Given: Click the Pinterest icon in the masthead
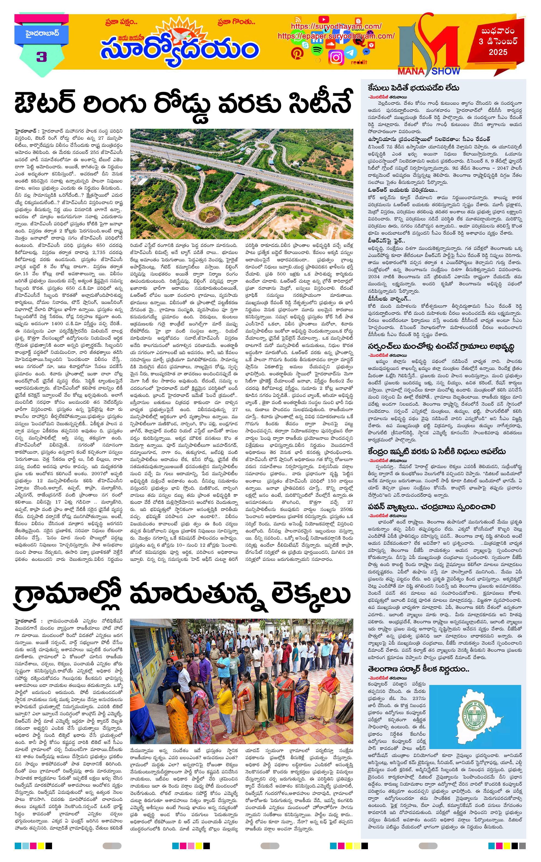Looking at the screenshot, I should pyautogui.click(x=297, y=53).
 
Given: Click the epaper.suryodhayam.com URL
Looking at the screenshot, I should pyautogui.click(x=336, y=36).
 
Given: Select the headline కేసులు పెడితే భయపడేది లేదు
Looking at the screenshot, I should pyautogui.click(x=414, y=88).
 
